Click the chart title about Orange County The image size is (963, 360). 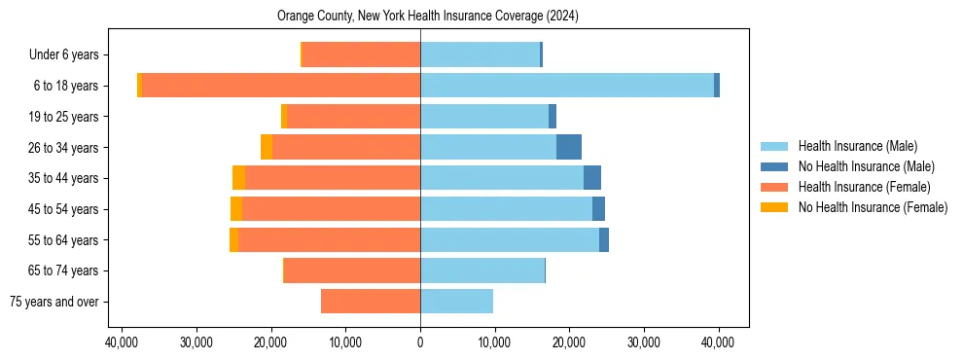[428, 17]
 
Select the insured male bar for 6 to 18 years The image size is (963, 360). [567, 86]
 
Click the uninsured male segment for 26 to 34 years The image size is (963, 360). [569, 147]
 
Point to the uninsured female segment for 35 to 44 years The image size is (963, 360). [238, 178]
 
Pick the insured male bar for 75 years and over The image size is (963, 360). [456, 302]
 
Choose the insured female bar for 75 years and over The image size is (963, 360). [371, 302]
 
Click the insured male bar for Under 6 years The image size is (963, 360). [480, 54]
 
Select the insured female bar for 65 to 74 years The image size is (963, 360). [352, 270]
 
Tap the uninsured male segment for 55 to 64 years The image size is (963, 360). [604, 239]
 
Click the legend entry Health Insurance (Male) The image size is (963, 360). [857, 146]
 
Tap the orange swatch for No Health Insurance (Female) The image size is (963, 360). [774, 207]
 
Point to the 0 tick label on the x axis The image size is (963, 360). [420, 342]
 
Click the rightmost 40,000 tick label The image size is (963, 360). [719, 342]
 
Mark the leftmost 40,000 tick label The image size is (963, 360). [122, 342]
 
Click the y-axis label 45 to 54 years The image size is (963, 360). [63, 209]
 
